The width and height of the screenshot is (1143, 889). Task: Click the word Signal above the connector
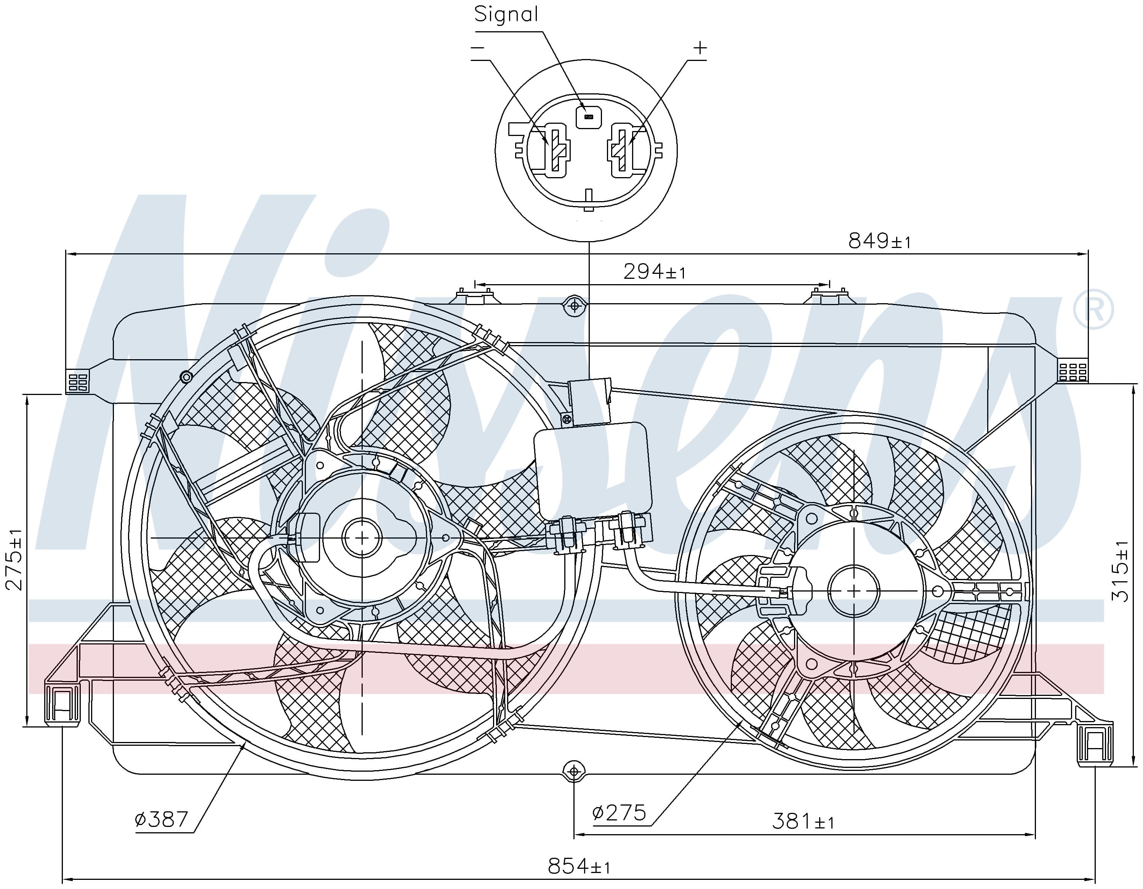coord(506,14)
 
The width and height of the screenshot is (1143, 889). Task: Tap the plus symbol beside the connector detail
coord(700,48)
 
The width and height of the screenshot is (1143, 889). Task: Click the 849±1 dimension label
coord(879,241)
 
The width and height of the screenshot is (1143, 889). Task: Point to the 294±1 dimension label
coord(654,272)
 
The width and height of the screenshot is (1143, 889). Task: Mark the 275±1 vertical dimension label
coord(14,560)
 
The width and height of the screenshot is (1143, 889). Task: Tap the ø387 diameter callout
coord(161,819)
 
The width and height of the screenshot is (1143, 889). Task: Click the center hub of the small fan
coord(853,591)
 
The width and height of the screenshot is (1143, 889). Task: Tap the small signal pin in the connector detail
coord(588,116)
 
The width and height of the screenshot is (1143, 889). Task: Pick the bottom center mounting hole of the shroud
coord(574,771)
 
